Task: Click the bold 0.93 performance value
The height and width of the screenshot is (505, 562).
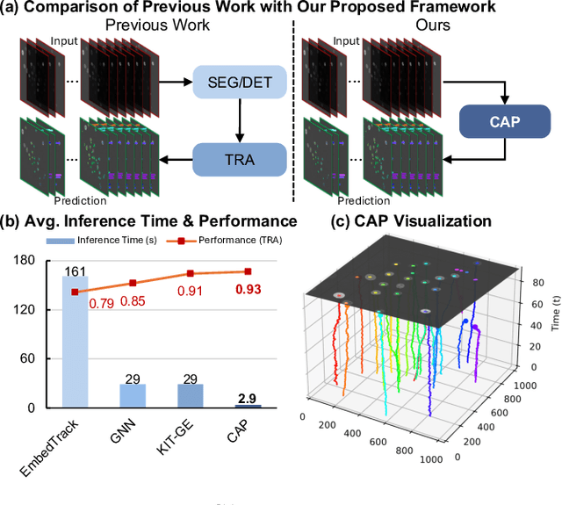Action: click(x=249, y=290)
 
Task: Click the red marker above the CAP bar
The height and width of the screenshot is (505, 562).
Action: click(x=248, y=271)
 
